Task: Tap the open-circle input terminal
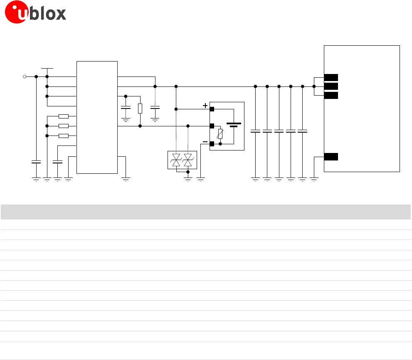tap(25, 76)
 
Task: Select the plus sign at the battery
tap(205, 106)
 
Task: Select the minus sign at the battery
tap(205, 141)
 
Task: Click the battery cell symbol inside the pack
tap(234, 125)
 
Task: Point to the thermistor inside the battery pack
tap(220, 134)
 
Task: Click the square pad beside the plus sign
tap(212, 109)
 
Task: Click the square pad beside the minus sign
tap(212, 144)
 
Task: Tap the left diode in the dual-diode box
tap(176, 160)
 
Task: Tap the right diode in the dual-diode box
tap(188, 160)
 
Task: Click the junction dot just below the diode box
tap(188, 171)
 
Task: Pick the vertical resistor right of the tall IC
tap(140, 108)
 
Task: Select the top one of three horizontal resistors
tap(64, 116)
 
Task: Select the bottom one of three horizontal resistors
tap(64, 136)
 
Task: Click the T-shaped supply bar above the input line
tap(47, 69)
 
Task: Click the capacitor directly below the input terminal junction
tap(36, 162)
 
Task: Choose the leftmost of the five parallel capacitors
tap(255, 131)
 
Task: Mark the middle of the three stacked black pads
tap(331, 86)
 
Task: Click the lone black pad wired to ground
tap(331, 157)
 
